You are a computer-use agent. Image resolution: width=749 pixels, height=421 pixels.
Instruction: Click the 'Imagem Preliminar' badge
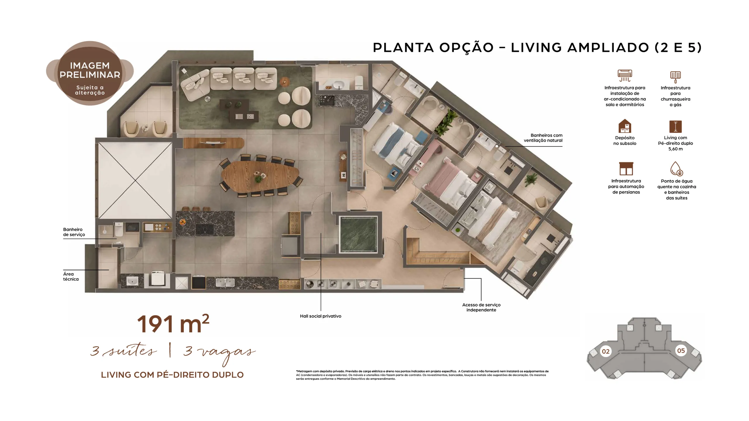pyautogui.click(x=90, y=73)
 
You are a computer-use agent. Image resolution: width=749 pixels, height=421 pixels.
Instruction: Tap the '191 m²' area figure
pyautogui.click(x=173, y=324)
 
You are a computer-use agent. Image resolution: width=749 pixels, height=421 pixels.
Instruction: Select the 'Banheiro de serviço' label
pyautogui.click(x=74, y=232)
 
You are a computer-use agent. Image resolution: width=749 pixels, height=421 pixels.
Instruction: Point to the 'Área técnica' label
pyautogui.click(x=71, y=276)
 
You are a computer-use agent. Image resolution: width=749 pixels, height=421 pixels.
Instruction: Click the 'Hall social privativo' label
pyautogui.click(x=320, y=316)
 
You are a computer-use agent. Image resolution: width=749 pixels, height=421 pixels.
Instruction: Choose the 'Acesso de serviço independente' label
pyautogui.click(x=481, y=307)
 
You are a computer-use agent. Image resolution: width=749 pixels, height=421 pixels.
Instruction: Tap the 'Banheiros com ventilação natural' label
pyautogui.click(x=543, y=138)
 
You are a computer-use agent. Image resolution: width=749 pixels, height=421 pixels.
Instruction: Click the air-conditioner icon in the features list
pyautogui.click(x=625, y=75)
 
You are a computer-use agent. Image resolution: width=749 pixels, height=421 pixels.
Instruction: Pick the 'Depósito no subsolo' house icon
pyautogui.click(x=625, y=126)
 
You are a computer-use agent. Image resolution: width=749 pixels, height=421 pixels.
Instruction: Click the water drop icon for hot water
pyautogui.click(x=676, y=169)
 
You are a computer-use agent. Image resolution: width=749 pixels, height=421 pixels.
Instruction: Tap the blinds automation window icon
pyautogui.click(x=626, y=169)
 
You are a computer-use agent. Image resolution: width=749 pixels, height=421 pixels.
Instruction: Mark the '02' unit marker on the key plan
pyautogui.click(x=605, y=351)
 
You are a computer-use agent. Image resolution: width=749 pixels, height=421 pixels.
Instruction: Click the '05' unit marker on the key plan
pyautogui.click(x=681, y=351)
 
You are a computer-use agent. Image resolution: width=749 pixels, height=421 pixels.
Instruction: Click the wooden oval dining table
pyautogui.click(x=260, y=176)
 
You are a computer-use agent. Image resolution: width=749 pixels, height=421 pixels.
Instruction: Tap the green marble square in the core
pyautogui.click(x=358, y=234)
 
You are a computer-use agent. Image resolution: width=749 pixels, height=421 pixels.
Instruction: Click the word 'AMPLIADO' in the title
pyautogui.click(x=608, y=47)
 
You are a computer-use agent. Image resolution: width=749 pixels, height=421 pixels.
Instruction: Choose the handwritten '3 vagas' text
pyautogui.click(x=219, y=353)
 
